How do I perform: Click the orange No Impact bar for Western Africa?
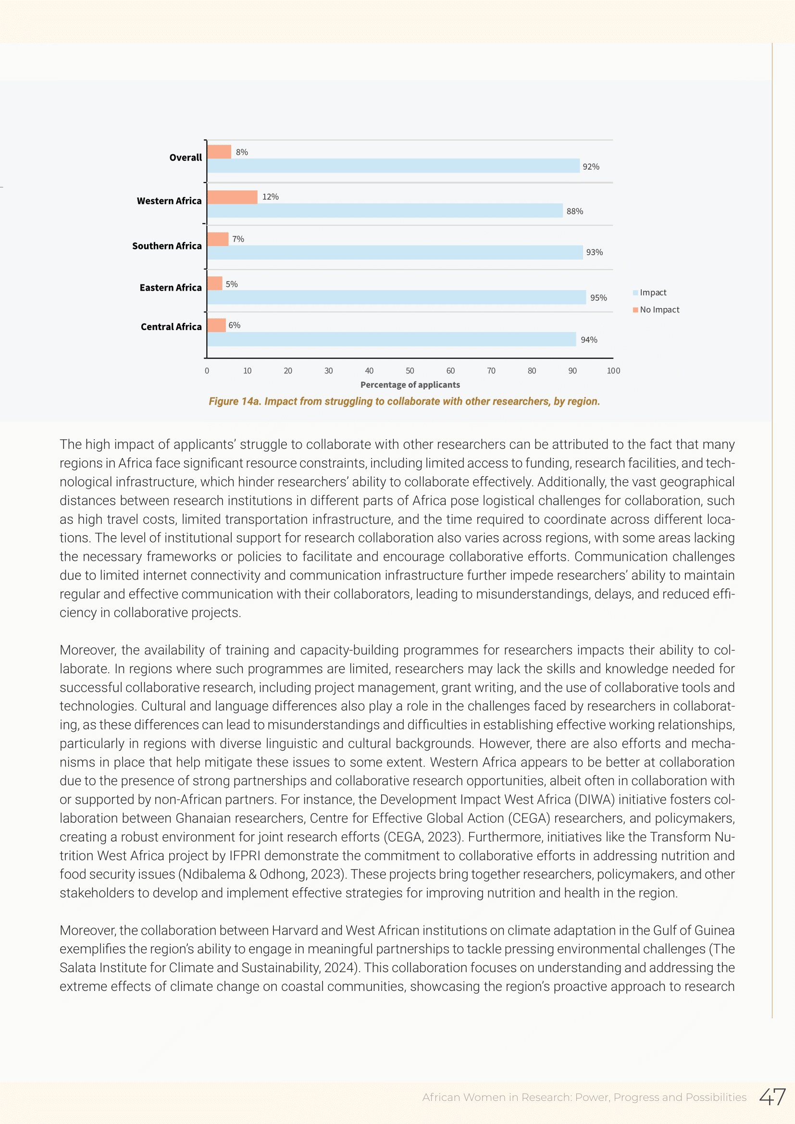[x=232, y=198]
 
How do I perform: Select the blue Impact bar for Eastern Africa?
[x=396, y=297]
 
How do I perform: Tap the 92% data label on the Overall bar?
[x=590, y=167]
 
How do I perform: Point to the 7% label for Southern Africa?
[x=238, y=239]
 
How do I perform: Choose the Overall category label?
[x=185, y=158]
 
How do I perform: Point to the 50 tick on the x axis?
[x=410, y=371]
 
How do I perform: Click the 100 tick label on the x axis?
[x=613, y=371]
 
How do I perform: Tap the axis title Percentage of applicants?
[x=410, y=385]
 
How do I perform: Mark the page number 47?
[x=772, y=1097]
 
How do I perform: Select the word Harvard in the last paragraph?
[x=295, y=930]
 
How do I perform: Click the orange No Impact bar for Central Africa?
[x=216, y=325]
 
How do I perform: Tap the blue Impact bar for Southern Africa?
[x=395, y=253]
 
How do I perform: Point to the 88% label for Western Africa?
[x=574, y=211]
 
